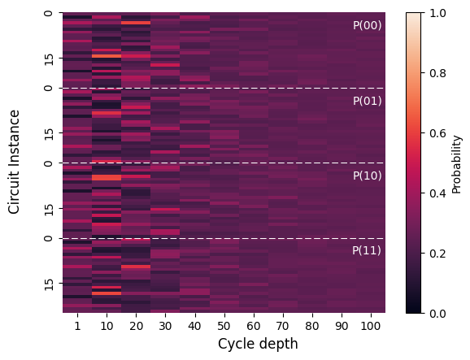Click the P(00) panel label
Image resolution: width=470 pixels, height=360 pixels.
(368, 25)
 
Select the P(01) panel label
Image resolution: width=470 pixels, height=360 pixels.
(368, 101)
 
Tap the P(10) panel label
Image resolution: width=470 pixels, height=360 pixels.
(368, 176)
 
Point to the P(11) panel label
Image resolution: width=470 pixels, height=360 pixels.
(367, 250)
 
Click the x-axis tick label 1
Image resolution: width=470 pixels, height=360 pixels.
(77, 326)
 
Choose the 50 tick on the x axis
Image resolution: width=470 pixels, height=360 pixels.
(224, 326)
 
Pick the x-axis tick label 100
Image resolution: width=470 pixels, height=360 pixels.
(371, 326)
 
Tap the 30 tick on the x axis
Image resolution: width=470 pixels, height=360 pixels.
(165, 326)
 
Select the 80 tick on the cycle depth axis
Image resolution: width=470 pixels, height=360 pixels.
(312, 326)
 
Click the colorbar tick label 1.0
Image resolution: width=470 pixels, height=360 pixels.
(438, 13)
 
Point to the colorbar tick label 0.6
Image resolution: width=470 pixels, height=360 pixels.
(438, 133)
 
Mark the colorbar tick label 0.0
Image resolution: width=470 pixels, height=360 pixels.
(438, 314)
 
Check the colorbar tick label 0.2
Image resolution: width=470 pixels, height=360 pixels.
(438, 254)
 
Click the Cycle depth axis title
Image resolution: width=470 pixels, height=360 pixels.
(258, 344)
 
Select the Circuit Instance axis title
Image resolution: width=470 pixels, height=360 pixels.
(14, 162)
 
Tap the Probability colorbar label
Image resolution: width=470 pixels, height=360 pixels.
(456, 164)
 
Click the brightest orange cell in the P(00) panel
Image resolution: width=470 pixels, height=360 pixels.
(107, 56)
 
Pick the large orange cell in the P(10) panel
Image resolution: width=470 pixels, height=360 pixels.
(107, 178)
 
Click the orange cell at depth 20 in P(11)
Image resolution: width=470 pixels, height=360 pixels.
(136, 267)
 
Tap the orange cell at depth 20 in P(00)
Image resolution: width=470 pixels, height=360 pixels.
(136, 23)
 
